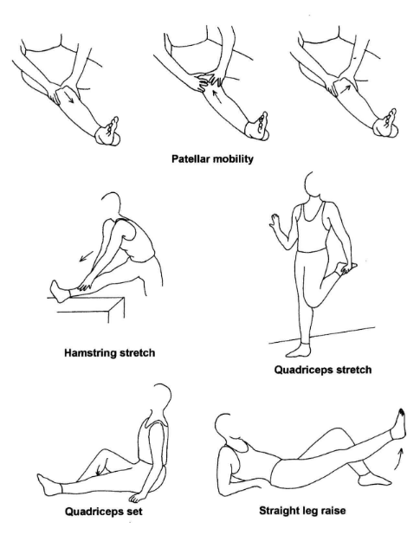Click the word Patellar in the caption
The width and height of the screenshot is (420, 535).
pyautogui.click(x=190, y=158)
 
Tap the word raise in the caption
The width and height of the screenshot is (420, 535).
pyautogui.click(x=333, y=511)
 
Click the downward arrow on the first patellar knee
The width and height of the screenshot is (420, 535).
pyautogui.click(x=70, y=97)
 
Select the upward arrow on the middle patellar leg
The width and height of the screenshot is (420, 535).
pyautogui.click(x=216, y=96)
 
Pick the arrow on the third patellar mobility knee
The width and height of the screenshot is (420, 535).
pyautogui.click(x=346, y=89)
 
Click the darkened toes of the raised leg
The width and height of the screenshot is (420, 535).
pyautogui.click(x=402, y=411)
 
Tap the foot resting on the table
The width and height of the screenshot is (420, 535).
pyautogui.click(x=59, y=291)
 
